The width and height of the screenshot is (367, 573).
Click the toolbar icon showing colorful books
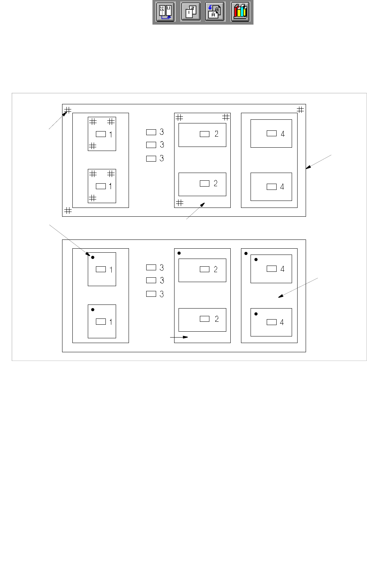pos(240,12)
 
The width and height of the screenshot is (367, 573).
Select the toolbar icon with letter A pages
pos(215,12)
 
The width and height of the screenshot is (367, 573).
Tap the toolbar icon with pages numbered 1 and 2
pos(190,12)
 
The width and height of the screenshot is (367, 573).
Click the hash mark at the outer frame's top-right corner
pos(301,109)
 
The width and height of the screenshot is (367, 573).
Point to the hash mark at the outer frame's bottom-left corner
pos(68,210)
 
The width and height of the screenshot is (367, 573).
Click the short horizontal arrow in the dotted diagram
pos(179,337)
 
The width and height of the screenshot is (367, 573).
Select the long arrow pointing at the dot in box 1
pos(69,239)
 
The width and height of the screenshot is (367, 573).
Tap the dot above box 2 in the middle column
pos(179,253)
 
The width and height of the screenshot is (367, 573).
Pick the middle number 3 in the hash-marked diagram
pos(162,145)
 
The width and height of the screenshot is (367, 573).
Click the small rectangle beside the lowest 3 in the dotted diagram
pos(151,294)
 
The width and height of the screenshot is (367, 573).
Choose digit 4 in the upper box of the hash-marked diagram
pos(283,134)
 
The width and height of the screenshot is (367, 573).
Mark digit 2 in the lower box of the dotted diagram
pos(216,319)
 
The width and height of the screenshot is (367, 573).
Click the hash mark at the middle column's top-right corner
pos(226,117)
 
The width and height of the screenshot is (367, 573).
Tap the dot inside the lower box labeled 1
pos(93,310)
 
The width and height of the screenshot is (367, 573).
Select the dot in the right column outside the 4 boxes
pos(246,253)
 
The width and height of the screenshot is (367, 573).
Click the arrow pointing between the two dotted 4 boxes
pos(298,288)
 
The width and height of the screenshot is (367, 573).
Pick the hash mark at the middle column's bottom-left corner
pos(180,203)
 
